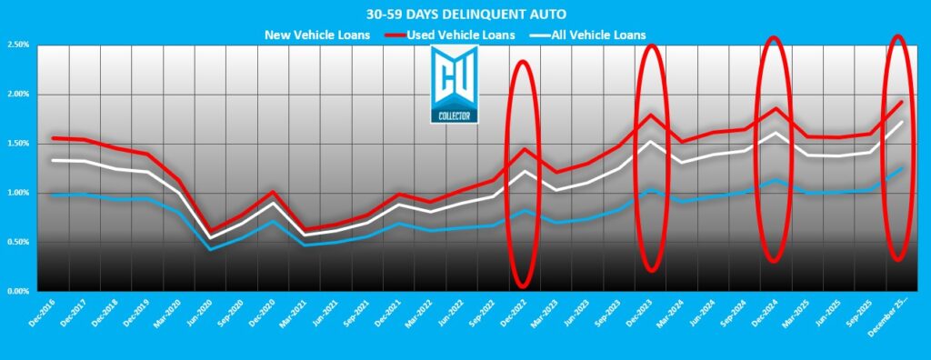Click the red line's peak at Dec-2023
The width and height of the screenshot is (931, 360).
coord(651,115)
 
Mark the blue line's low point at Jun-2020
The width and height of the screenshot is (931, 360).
coord(211,249)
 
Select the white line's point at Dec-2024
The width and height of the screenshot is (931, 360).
coord(775,133)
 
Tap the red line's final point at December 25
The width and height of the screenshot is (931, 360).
coord(902,102)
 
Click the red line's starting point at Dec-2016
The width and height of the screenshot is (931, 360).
coord(53,138)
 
